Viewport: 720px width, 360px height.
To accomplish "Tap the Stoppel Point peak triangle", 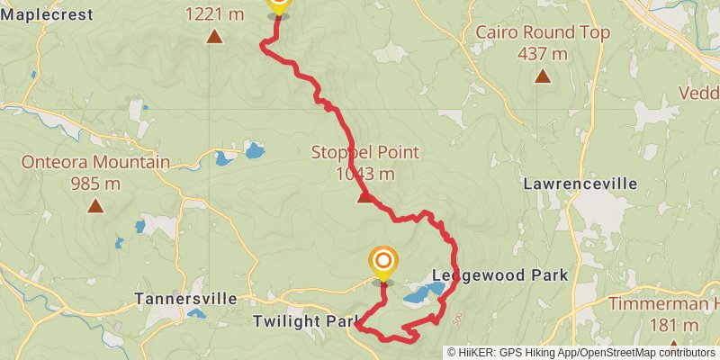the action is (x=364, y=197).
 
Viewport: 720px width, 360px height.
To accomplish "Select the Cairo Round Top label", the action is (x=543, y=33).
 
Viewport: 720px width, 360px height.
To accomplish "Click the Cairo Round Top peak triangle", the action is (x=542, y=76).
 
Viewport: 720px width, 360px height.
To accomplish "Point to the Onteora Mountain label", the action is (x=95, y=163).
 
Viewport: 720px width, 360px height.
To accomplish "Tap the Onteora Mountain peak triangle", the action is (x=94, y=206).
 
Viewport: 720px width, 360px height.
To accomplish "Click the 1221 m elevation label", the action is (x=214, y=14).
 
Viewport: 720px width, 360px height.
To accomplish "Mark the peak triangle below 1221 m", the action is (x=214, y=37).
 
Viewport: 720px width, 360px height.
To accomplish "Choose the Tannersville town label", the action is (x=185, y=298).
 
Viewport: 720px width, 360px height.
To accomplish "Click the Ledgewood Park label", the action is (x=500, y=274).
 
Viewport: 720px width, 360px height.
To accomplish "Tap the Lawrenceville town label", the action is (x=580, y=184).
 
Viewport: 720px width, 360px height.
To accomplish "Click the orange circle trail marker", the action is (x=383, y=262).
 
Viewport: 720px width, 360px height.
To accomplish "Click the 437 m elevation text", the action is (x=542, y=53).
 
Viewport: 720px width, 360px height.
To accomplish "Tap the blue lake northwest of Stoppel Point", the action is (x=255, y=148).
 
